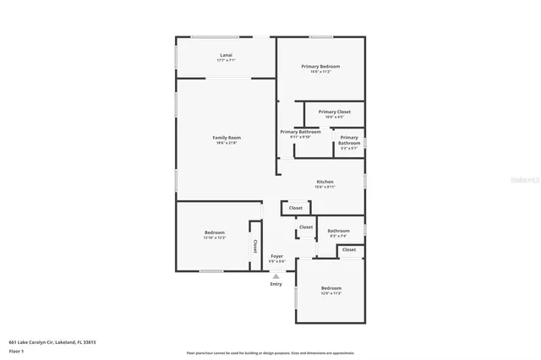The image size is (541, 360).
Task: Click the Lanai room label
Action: (226, 56)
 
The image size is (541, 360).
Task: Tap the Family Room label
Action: (227, 137)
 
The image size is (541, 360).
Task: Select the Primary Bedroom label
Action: (321, 66)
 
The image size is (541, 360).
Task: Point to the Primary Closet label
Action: (334, 112)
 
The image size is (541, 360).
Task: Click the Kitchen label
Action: (325, 182)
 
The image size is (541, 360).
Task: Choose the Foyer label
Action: (276, 255)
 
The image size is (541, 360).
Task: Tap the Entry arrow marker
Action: (276, 275)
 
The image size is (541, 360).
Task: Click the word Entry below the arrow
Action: (276, 284)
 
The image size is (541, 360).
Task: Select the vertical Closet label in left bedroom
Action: (254, 246)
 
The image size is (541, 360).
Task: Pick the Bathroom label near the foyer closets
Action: (339, 231)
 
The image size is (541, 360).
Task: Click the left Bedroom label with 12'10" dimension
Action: (214, 232)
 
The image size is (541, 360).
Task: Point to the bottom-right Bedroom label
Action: (331, 288)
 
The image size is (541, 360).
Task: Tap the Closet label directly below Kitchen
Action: (296, 208)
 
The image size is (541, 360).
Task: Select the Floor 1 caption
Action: (16, 351)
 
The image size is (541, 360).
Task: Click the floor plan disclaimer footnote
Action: (270, 353)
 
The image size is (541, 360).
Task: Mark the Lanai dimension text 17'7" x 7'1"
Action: (226, 61)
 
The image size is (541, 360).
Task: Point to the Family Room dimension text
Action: (227, 143)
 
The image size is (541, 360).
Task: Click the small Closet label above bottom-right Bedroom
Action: (349, 250)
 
